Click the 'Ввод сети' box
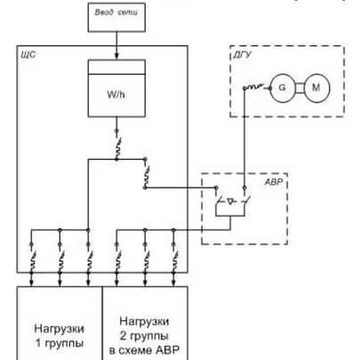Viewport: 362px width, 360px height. pos(117,17)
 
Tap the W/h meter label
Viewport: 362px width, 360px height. pos(116,94)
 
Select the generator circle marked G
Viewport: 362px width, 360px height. pos(283,88)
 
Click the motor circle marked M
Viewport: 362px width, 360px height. pos(317,88)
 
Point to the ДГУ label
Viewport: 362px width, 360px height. pos(242,55)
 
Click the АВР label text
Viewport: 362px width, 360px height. pos(274,181)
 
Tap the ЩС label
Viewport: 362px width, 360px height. pos(28,55)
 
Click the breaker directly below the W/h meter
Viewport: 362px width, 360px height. pos(117,145)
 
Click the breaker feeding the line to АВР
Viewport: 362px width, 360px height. pos(146,173)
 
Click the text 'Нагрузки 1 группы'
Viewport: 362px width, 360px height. pos(60,336)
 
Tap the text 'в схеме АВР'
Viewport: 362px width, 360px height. pos(144,350)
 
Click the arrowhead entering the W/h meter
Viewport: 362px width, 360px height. pos(117,56)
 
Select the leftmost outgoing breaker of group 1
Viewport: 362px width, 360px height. pos(32,257)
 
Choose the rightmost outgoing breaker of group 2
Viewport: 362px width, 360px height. pos(174,257)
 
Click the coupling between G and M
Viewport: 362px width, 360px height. pos(300,88)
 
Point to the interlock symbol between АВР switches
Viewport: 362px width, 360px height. pos(231,202)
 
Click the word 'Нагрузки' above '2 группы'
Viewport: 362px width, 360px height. pos(144,322)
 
